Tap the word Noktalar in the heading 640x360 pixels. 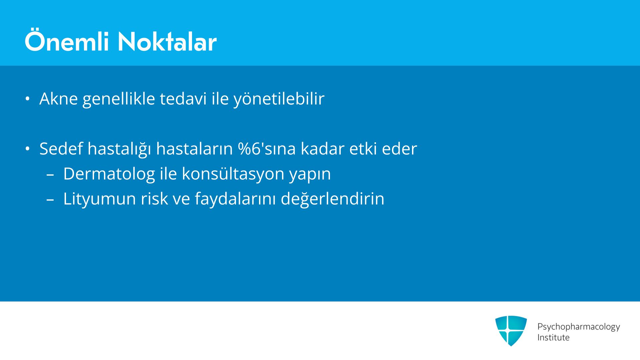(x=167, y=42)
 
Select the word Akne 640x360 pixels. (x=59, y=99)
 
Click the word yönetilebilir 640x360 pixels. (x=279, y=99)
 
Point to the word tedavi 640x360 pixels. (x=183, y=99)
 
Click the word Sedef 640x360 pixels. (x=61, y=148)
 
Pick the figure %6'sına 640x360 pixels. (x=267, y=148)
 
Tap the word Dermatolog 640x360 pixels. (x=109, y=174)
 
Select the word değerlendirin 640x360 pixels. (x=333, y=199)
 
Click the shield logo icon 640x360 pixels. (x=511, y=331)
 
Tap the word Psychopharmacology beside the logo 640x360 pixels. (x=579, y=327)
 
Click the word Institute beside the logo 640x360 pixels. (x=553, y=337)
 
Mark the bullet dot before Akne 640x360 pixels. (x=28, y=99)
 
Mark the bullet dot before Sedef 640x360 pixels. (x=28, y=149)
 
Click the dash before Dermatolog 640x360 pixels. (x=50, y=174)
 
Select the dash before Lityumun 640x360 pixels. (x=50, y=199)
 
